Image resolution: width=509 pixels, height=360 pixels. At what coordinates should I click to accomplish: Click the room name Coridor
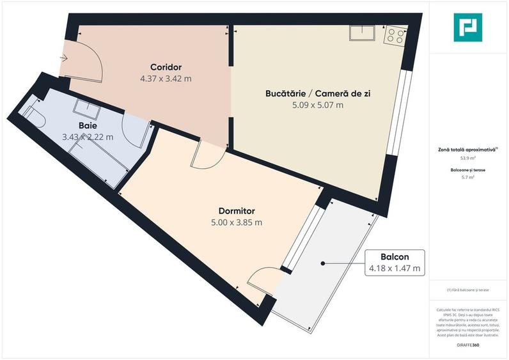[166, 67]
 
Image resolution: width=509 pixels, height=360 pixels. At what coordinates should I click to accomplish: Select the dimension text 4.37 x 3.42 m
[166, 79]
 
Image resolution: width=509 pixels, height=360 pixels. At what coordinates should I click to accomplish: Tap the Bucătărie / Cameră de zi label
[318, 93]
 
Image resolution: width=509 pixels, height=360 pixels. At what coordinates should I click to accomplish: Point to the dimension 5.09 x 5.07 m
[318, 106]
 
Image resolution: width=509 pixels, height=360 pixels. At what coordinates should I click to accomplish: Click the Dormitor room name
[237, 210]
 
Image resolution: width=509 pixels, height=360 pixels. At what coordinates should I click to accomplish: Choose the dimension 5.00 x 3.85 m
[237, 223]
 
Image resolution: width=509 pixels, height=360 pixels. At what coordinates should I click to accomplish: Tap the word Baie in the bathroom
[88, 125]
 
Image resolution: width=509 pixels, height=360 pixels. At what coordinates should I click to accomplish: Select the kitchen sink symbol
[362, 33]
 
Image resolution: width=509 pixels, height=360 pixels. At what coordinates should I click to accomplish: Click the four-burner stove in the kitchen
[395, 36]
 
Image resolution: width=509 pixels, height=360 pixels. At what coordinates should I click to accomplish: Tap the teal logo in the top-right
[467, 27]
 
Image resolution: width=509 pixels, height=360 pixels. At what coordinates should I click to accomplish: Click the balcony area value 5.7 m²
[468, 177]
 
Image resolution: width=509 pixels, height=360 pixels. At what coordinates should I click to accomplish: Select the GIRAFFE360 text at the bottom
[467, 345]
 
